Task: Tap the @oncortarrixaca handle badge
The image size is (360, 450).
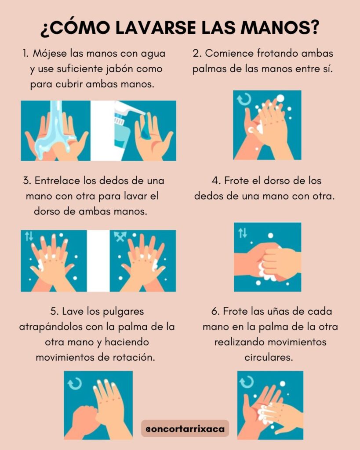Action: (185, 428)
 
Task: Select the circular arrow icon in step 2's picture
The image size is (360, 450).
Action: (244, 99)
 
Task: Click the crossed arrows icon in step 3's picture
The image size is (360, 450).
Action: (120, 236)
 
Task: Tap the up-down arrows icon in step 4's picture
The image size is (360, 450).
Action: (243, 233)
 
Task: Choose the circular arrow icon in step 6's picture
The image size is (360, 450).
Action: (247, 382)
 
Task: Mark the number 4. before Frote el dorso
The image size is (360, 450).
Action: (216, 181)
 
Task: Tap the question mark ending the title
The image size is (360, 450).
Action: (314, 28)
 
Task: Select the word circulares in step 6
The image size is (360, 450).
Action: (269, 358)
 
